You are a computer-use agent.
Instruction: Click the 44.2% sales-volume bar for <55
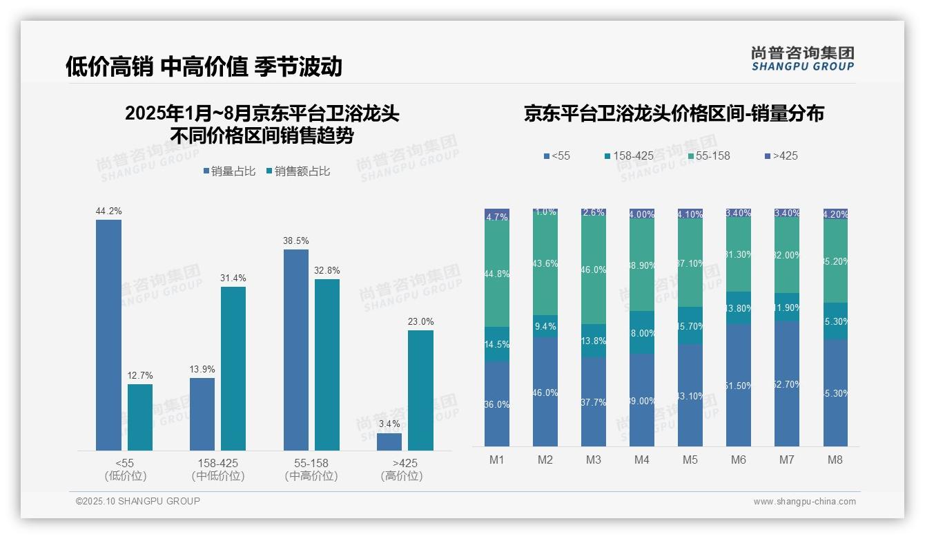(x=108, y=335)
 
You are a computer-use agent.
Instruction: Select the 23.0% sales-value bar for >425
(x=420, y=390)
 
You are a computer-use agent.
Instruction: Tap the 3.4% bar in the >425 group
(x=389, y=442)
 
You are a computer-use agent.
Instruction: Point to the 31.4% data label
(x=233, y=278)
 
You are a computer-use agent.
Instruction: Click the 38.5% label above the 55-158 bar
(x=295, y=240)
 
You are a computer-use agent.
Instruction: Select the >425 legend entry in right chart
(x=781, y=155)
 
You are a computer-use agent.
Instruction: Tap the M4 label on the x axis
(x=642, y=460)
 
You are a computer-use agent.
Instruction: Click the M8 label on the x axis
(x=835, y=460)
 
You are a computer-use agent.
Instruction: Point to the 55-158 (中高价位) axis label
(x=311, y=469)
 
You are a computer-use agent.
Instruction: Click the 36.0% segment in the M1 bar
(x=497, y=404)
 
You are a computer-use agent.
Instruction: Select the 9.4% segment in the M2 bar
(x=545, y=326)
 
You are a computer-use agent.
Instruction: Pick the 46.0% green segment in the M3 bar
(x=594, y=271)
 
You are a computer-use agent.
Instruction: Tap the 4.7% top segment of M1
(x=497, y=216)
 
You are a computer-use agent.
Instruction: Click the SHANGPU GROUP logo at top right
(x=802, y=59)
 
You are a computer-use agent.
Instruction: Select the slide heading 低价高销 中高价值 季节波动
(x=204, y=66)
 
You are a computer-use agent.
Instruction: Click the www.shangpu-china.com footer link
(x=804, y=502)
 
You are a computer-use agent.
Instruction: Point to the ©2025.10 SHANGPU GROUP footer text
(x=138, y=501)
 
